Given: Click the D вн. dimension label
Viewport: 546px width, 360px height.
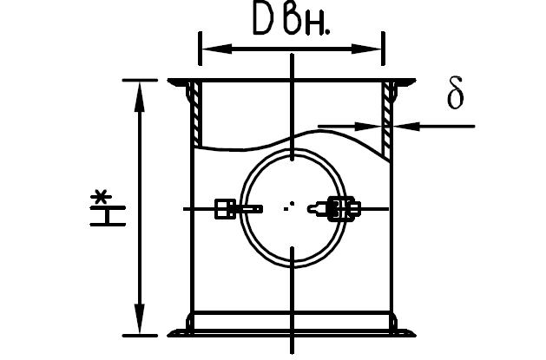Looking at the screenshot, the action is (x=292, y=22).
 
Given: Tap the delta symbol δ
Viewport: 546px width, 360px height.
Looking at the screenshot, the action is (x=455, y=93).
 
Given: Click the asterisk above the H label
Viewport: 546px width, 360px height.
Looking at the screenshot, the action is (x=101, y=197).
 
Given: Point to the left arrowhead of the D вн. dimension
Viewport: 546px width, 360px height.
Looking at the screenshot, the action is (x=217, y=49).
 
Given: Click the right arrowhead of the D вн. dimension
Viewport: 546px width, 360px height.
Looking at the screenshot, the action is (x=366, y=49).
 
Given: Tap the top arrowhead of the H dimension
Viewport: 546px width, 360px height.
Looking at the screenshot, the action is (x=139, y=96).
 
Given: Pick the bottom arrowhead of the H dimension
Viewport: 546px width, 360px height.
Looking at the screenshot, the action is (x=139, y=318).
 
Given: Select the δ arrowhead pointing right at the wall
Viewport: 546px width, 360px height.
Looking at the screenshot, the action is (x=368, y=126).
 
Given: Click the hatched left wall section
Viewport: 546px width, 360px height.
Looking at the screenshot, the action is (x=196, y=114).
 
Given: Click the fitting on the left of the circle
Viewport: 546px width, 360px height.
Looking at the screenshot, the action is (x=238, y=209).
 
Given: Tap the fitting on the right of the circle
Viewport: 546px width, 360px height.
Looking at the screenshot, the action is (x=334, y=209).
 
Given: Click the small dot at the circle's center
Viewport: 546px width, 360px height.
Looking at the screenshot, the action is (x=292, y=204).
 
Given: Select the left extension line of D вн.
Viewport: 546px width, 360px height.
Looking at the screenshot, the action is (x=200, y=49).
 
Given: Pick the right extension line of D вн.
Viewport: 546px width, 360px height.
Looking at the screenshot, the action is (x=383, y=49).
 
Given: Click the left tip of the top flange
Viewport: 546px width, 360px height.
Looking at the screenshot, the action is (x=168, y=81).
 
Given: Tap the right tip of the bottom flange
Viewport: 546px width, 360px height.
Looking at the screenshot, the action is (x=415, y=336).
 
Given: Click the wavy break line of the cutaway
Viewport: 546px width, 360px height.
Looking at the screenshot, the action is (x=292, y=140).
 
